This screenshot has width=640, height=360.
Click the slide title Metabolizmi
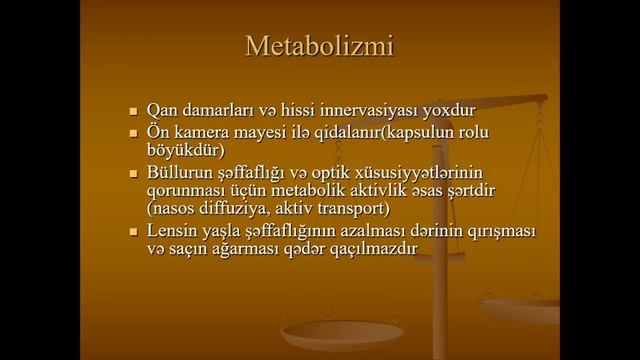coord(319,46)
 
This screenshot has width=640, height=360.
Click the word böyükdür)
coord(183,152)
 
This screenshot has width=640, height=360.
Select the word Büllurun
coord(178,173)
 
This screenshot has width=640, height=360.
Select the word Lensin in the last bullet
coord(170,231)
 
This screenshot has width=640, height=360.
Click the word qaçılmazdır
coord(367,249)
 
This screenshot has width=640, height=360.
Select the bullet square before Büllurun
coord(132,174)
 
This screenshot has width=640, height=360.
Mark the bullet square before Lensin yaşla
coord(132,232)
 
